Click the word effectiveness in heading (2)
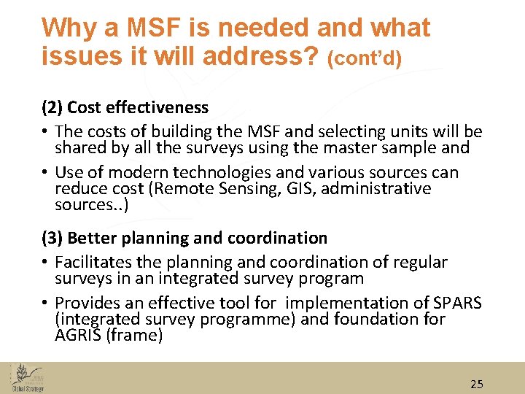[157, 107]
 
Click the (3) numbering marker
[51, 238]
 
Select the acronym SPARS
[458, 303]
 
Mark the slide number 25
[476, 384]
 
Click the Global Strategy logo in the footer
[27, 378]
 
